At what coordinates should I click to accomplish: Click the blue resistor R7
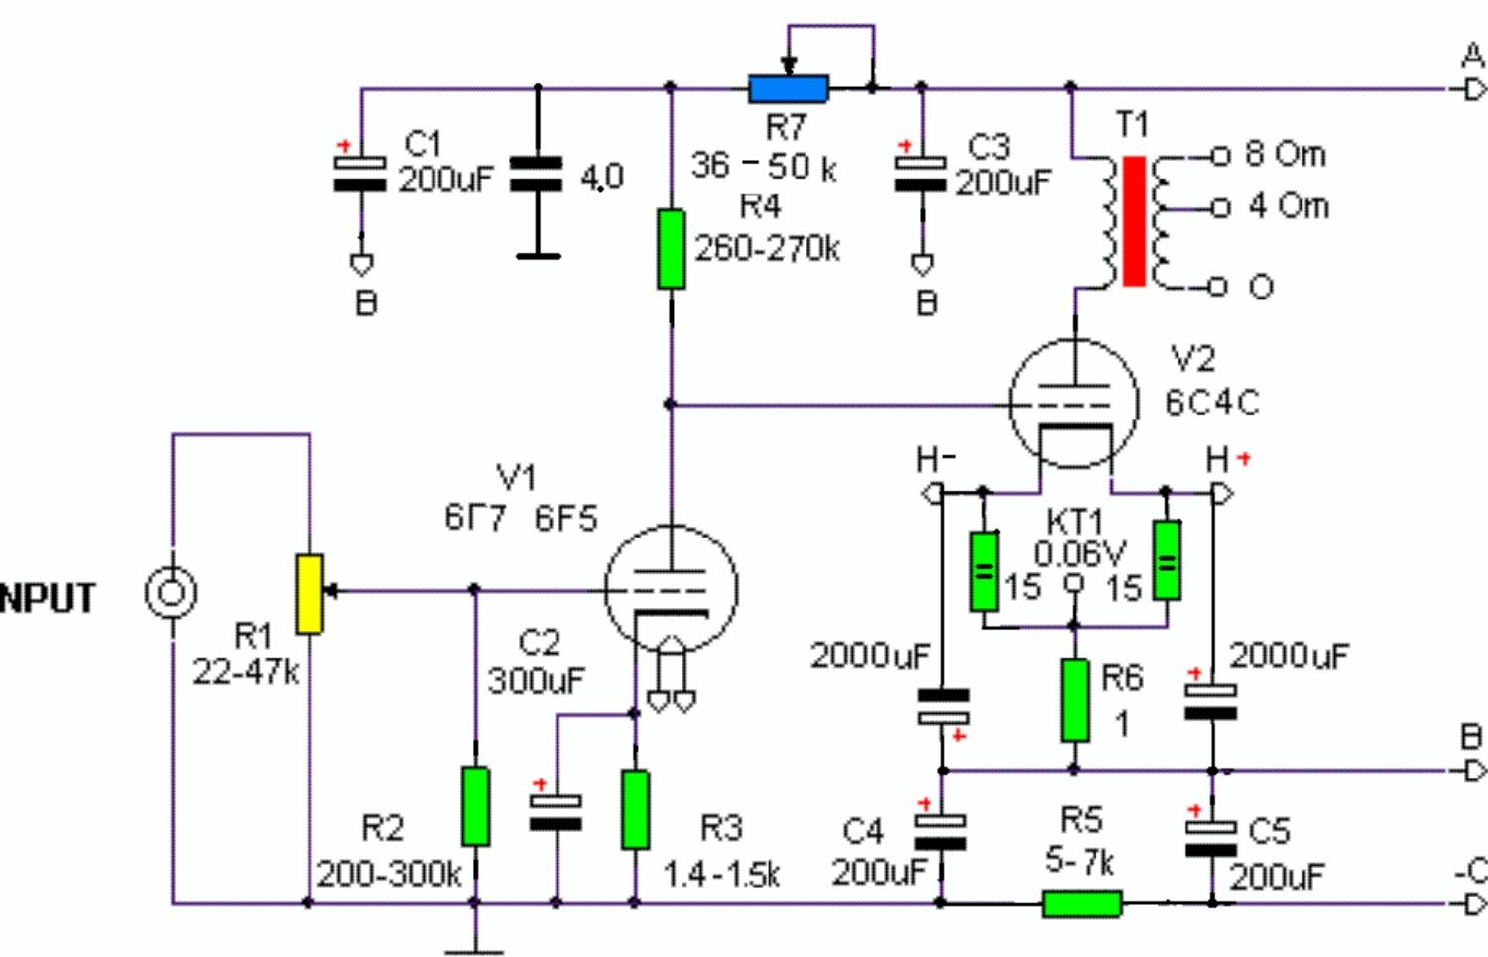(789, 89)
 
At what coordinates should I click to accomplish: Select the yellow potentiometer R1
(310, 594)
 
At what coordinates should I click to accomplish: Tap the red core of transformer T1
(1134, 221)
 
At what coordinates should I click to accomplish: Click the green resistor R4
(671, 249)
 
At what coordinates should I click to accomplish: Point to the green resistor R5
(1082, 903)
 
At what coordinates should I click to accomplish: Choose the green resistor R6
(1074, 700)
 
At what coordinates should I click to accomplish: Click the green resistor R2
(475, 806)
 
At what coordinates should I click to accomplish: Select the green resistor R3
(636, 809)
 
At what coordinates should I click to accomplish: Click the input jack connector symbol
(171, 592)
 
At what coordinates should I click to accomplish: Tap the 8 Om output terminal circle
(1219, 156)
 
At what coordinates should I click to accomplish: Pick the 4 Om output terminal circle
(1219, 208)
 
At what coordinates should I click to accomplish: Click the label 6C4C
(1212, 403)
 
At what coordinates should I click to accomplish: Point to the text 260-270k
(767, 249)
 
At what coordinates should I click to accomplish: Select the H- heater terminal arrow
(932, 494)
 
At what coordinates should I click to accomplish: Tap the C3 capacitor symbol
(921, 174)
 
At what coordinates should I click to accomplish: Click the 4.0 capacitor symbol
(536, 174)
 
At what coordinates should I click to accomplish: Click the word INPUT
(47, 598)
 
